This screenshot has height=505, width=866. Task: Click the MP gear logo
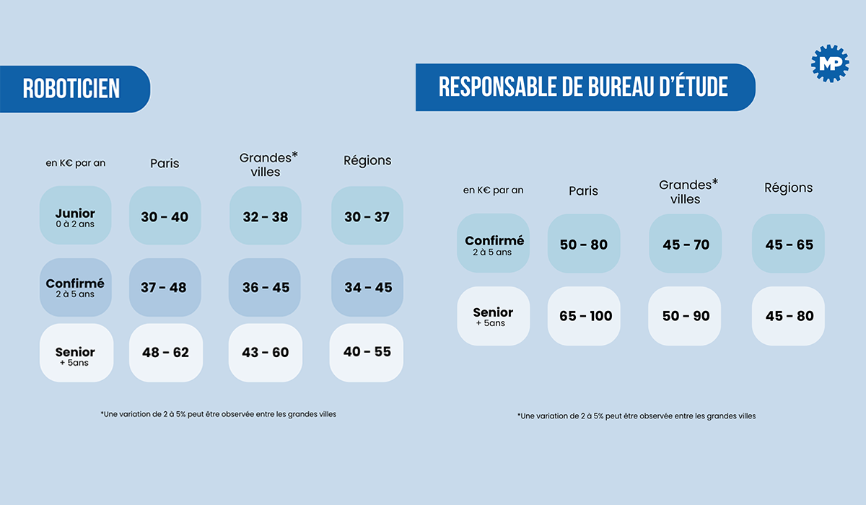[829, 63]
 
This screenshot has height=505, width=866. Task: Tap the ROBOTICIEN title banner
[72, 89]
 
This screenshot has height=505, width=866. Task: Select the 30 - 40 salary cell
[165, 216]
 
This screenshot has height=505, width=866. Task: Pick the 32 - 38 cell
[266, 216]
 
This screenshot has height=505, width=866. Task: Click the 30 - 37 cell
[367, 216]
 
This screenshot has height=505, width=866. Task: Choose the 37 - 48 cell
[165, 287]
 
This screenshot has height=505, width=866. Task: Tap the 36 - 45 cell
[266, 287]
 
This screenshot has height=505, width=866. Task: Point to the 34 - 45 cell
[367, 287]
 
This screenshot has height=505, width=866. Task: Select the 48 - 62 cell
[165, 353]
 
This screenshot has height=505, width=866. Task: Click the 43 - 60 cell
[266, 353]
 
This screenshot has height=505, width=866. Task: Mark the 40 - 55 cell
[367, 353]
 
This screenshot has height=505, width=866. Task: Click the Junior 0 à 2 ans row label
[75, 216]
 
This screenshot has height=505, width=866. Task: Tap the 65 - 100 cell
[585, 316]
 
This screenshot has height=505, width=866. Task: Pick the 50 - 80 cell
[584, 244]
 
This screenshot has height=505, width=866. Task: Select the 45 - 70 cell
[686, 244]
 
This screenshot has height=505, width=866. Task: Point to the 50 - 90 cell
[686, 316]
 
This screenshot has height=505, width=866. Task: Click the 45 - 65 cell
[788, 244]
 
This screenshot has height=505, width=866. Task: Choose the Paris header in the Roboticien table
[165, 163]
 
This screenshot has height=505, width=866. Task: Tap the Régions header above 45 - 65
[788, 188]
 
